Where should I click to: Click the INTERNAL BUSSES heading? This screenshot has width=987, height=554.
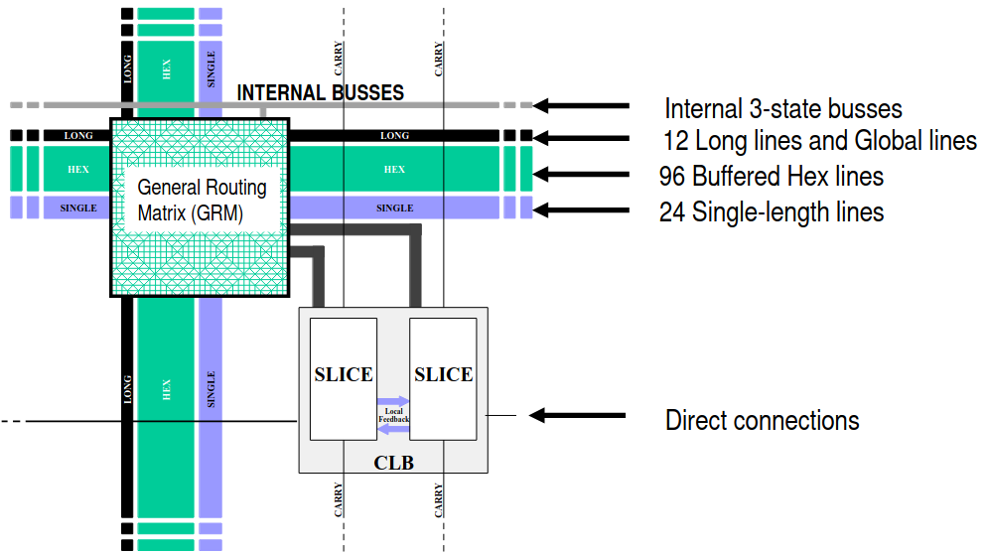(320, 93)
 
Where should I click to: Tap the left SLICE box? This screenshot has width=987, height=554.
(344, 375)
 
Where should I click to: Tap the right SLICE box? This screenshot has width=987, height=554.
(443, 375)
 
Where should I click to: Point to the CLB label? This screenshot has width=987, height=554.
(393, 463)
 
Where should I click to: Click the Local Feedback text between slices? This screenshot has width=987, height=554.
(393, 415)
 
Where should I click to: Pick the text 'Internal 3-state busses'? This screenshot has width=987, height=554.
(782, 109)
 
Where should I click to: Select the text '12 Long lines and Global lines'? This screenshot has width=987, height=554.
(819, 140)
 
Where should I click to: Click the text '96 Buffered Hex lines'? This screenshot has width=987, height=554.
(772, 177)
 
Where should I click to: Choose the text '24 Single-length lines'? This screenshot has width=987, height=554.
(772, 211)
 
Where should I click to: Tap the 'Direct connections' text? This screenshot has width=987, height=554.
(762, 420)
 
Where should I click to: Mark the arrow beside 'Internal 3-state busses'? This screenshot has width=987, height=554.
(581, 105)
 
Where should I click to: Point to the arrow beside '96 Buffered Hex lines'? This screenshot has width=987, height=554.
(581, 175)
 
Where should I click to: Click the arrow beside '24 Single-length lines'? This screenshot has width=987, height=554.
(581, 209)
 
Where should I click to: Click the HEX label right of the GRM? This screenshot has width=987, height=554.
(394, 170)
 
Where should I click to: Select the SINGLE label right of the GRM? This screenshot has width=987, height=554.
(394, 208)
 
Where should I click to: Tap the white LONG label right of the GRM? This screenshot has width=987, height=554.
(394, 135)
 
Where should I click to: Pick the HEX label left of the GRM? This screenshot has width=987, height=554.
(78, 170)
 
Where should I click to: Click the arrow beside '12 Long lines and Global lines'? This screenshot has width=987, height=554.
(581, 138)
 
